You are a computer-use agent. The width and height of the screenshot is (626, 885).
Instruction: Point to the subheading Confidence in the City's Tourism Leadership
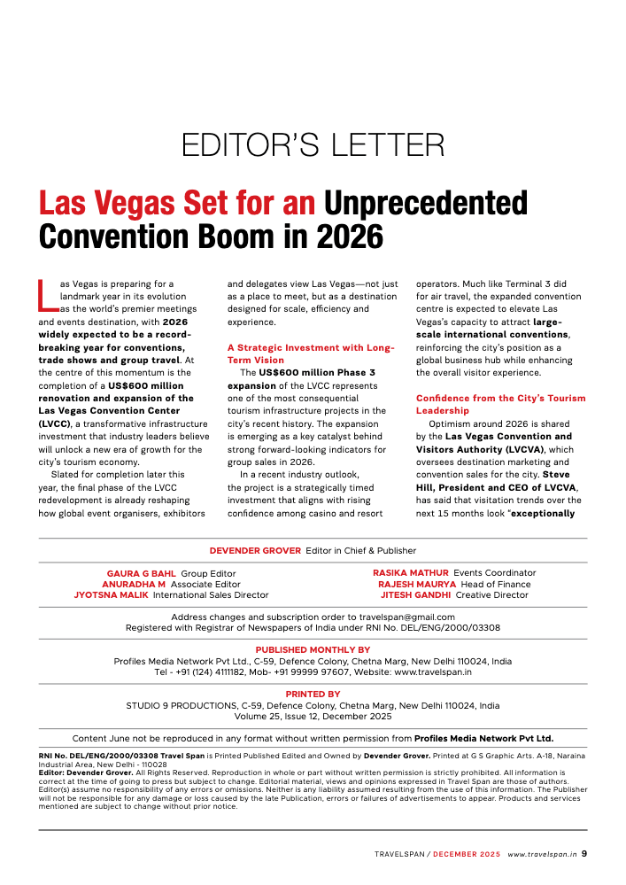pyautogui.click(x=500, y=404)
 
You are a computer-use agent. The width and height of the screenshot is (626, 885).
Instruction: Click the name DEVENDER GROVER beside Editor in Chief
pyautogui.click(x=256, y=550)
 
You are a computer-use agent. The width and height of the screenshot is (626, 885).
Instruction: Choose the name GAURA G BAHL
pyautogui.click(x=141, y=573)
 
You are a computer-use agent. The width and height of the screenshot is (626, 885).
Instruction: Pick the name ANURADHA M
pyautogui.click(x=135, y=584)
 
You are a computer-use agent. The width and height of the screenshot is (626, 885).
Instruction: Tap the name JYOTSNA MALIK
pyautogui.click(x=112, y=595)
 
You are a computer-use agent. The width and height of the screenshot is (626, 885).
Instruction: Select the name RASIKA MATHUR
pyautogui.click(x=410, y=573)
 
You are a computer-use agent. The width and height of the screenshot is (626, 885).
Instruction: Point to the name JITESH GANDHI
pyautogui.click(x=416, y=595)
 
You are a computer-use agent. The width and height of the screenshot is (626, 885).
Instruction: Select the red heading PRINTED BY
pyautogui.click(x=313, y=695)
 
